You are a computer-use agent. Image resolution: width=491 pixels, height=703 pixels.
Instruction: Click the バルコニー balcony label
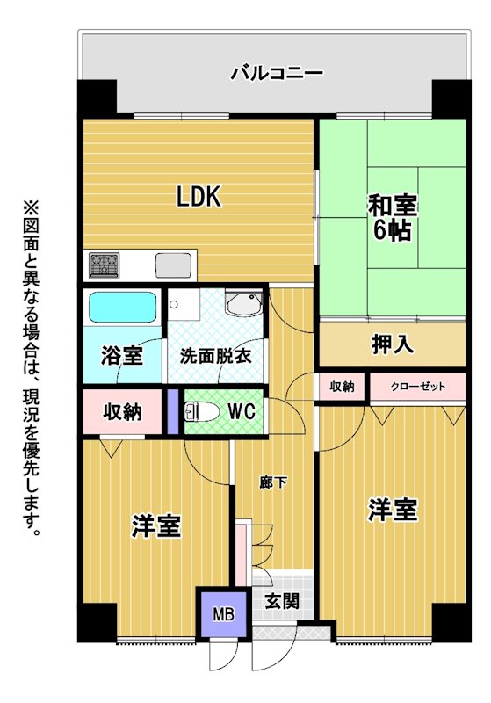277,73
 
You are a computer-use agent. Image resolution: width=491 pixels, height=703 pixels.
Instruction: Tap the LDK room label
199,196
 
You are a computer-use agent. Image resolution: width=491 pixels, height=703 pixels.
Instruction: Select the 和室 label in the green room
393,206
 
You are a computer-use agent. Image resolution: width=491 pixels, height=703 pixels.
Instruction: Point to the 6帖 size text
393,230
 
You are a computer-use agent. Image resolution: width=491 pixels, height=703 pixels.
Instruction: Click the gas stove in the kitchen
104,265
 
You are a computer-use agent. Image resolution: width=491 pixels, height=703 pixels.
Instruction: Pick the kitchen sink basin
173,265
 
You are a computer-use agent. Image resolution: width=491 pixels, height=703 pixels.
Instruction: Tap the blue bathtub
122,307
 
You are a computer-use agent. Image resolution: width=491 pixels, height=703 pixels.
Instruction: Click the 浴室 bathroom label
122,356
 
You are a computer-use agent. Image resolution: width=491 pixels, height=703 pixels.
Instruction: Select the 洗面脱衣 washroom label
215,356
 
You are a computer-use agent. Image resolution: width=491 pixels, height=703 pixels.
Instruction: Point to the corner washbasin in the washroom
243,303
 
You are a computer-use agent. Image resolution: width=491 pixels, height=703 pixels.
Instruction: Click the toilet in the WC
202,411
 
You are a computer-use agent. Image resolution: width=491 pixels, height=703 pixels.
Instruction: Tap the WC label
242,411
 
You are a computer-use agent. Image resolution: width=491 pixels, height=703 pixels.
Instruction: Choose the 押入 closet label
393,344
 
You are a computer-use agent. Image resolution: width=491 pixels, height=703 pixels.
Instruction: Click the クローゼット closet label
418,387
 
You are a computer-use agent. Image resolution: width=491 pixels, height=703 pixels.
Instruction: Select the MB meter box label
224,613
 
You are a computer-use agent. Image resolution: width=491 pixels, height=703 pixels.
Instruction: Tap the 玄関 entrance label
282,602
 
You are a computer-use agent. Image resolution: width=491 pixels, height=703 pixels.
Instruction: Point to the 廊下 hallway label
273,483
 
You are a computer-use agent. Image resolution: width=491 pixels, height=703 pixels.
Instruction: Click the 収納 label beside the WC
122,411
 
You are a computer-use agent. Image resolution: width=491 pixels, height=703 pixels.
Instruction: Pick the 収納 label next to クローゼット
343,387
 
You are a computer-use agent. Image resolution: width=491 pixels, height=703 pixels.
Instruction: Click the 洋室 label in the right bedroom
393,510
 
